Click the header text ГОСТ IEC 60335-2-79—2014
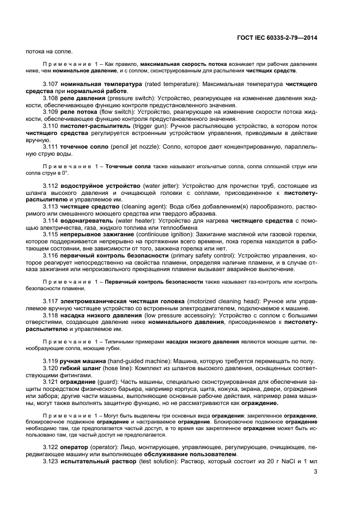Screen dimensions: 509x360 pyautogui.click(x=277, y=38)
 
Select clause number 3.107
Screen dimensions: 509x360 pyautogui.click(x=51, y=85)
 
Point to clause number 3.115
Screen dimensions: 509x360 pyautogui.click(x=51, y=234)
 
